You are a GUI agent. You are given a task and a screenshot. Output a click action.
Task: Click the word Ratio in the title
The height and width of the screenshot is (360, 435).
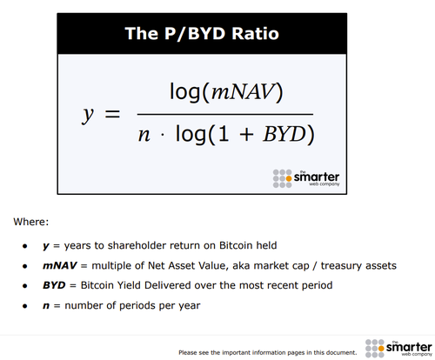[x=255, y=33]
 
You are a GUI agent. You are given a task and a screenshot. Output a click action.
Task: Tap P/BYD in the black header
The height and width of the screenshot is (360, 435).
[x=195, y=33]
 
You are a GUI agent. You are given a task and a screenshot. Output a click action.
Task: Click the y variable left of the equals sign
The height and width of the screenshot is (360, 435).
[x=88, y=115]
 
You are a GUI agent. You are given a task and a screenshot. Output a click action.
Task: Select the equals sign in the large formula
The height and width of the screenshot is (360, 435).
[x=112, y=114]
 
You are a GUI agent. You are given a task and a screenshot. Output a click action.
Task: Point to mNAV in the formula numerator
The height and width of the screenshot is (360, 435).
[x=243, y=92]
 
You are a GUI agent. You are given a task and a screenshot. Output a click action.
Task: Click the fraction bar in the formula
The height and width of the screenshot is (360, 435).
[x=225, y=115]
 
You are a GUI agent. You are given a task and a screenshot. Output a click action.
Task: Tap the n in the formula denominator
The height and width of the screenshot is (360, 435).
[x=144, y=135]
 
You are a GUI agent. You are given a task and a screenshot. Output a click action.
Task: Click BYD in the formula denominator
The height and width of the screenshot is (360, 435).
[x=284, y=134]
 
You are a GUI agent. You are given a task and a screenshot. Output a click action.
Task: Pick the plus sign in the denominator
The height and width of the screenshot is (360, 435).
[x=246, y=135]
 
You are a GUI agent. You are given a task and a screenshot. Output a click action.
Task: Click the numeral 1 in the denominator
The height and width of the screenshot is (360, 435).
[x=224, y=134]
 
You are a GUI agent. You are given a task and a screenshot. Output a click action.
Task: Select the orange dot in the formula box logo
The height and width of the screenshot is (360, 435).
[x=289, y=179]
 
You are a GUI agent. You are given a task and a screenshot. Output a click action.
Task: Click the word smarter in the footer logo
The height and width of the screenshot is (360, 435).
[x=409, y=347]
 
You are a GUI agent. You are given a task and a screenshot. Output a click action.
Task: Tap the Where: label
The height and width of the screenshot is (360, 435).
[x=31, y=222]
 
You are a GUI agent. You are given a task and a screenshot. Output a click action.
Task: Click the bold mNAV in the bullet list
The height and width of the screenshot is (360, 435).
[x=60, y=265]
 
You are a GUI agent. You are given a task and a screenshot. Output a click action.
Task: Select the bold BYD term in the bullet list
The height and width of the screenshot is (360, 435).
[x=54, y=285]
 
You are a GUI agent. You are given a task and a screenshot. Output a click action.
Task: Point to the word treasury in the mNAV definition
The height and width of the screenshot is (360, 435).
[x=342, y=266]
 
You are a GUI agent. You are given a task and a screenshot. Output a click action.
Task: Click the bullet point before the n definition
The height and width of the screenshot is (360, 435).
[x=25, y=306]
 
